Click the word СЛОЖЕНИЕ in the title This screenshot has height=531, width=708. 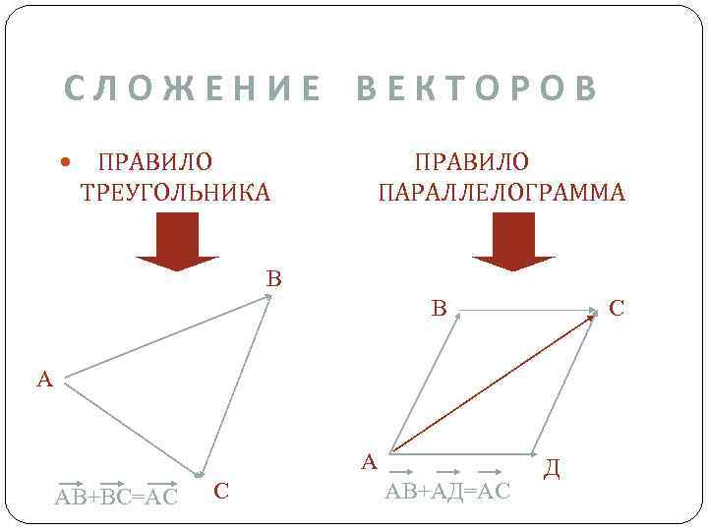[192, 88]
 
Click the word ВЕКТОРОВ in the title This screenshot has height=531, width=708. [477, 88]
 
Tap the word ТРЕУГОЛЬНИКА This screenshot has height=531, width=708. [174, 192]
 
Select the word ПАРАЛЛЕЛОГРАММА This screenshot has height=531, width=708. [501, 192]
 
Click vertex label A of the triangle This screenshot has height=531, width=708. [44, 379]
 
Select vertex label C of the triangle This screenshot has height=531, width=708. [221, 490]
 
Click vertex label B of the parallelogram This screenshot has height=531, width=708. [440, 309]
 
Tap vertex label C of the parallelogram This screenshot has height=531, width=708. [617, 309]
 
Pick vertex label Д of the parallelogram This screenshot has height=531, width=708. [553, 469]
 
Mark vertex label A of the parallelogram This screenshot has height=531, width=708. [369, 461]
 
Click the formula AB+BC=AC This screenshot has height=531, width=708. [117, 496]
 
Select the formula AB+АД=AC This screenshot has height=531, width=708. [447, 491]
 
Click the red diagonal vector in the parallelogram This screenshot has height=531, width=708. [492, 384]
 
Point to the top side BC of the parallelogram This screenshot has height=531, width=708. [526, 311]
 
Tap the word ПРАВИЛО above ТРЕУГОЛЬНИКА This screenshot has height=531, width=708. [154, 161]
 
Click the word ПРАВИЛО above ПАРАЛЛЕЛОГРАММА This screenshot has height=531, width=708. [471, 161]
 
